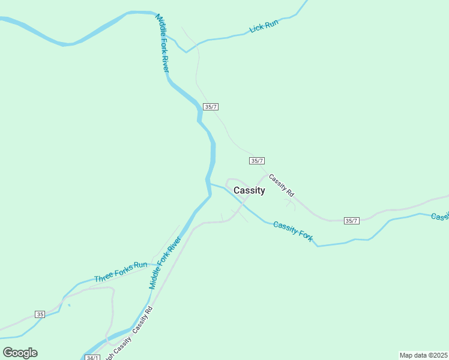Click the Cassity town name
coord(249,190)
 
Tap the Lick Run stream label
coord(264,26)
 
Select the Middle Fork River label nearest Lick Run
coord(163,44)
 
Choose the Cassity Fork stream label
coord(293,231)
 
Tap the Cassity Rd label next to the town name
coord(281,185)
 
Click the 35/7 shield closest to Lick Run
coord(210,106)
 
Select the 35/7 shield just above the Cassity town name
coord(257,160)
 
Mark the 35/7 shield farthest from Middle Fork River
coord(352,221)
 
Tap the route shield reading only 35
coord(40,314)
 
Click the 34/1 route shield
coord(92,357)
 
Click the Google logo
coord(20,352)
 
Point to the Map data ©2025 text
coord(423,355)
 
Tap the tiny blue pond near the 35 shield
coord(69,305)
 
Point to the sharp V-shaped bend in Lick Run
coord(186,52)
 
